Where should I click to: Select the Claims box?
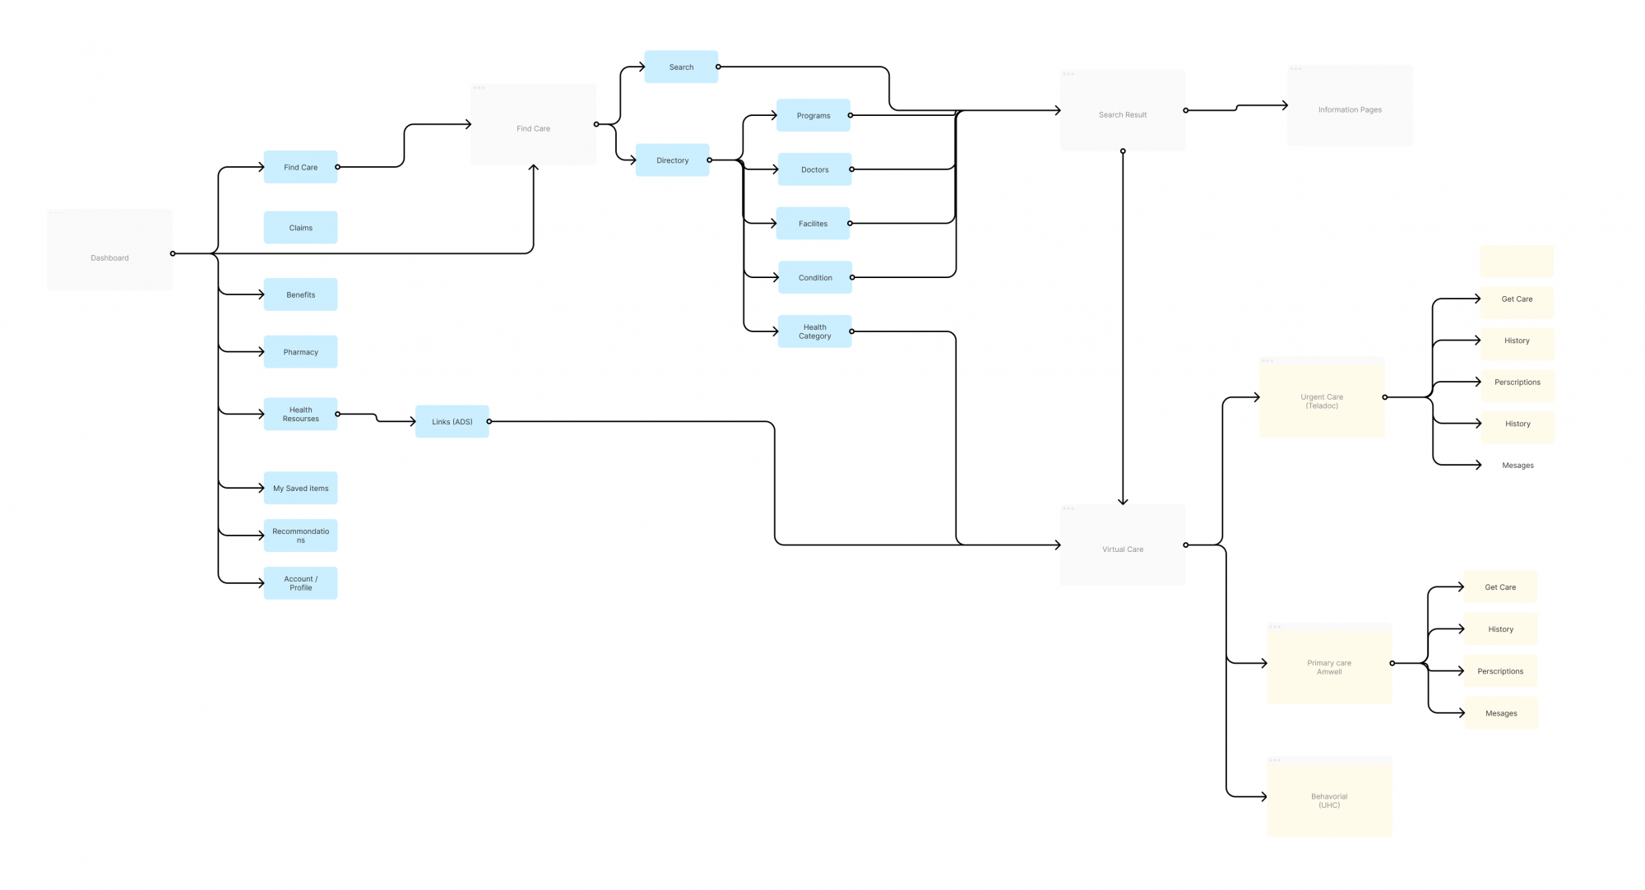click(x=300, y=228)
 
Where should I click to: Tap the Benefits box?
click(x=300, y=294)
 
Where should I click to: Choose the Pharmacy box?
click(x=300, y=352)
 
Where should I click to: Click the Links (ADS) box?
click(x=452, y=422)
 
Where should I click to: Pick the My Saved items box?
click(x=300, y=489)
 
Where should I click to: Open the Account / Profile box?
click(x=300, y=583)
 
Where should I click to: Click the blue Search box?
click(x=681, y=67)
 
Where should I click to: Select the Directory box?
click(x=672, y=160)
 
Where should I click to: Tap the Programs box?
click(x=813, y=116)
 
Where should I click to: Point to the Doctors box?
click(x=814, y=169)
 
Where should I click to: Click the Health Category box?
click(x=814, y=331)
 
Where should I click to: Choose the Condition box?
click(x=814, y=278)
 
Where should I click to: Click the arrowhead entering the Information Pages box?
click(x=1285, y=105)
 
